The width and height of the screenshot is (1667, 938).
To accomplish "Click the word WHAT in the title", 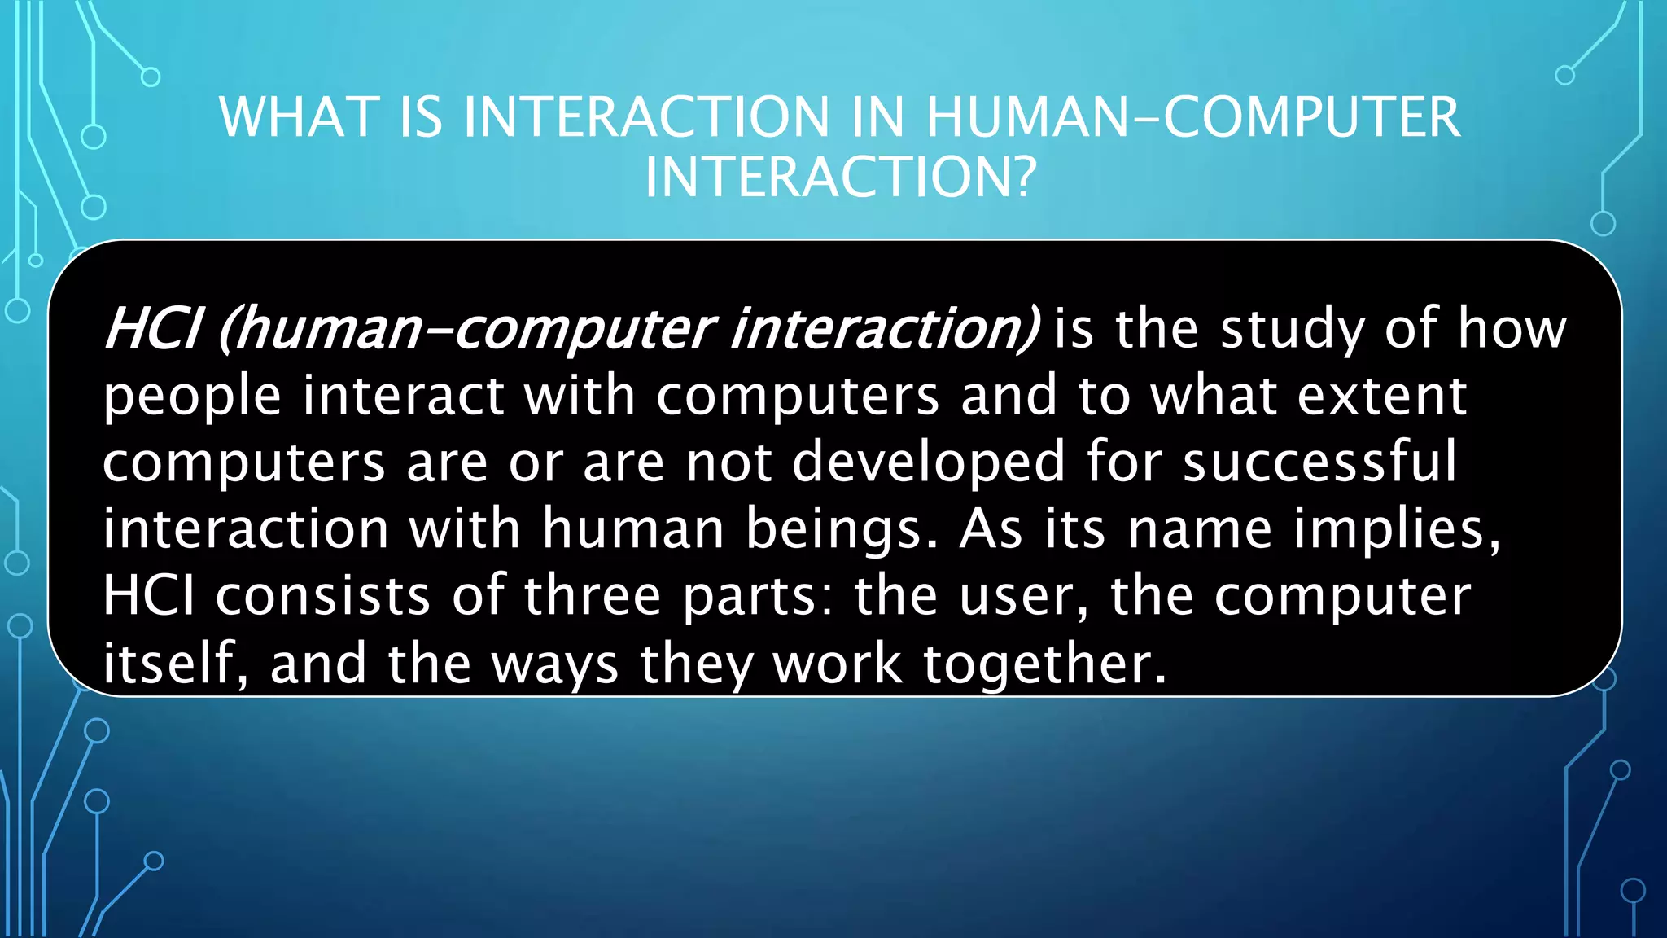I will pos(300,117).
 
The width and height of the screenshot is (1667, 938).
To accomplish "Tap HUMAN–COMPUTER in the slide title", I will pos(1192,117).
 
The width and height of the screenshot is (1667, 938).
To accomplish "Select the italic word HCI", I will pos(152,329).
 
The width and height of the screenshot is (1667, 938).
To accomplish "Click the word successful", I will pos(1319,462).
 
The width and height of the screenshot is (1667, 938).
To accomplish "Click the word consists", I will pos(323,597).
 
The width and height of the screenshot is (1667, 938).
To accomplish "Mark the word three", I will pos(593,597).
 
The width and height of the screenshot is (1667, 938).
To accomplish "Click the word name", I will pos(1200,530).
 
